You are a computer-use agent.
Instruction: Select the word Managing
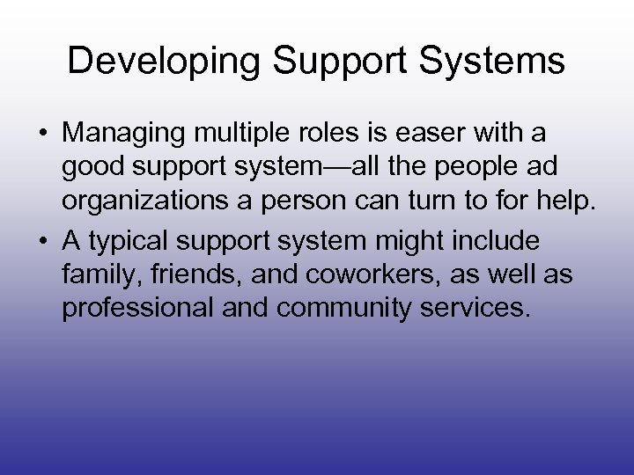(126, 134)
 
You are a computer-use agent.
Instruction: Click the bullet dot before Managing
(41, 135)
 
